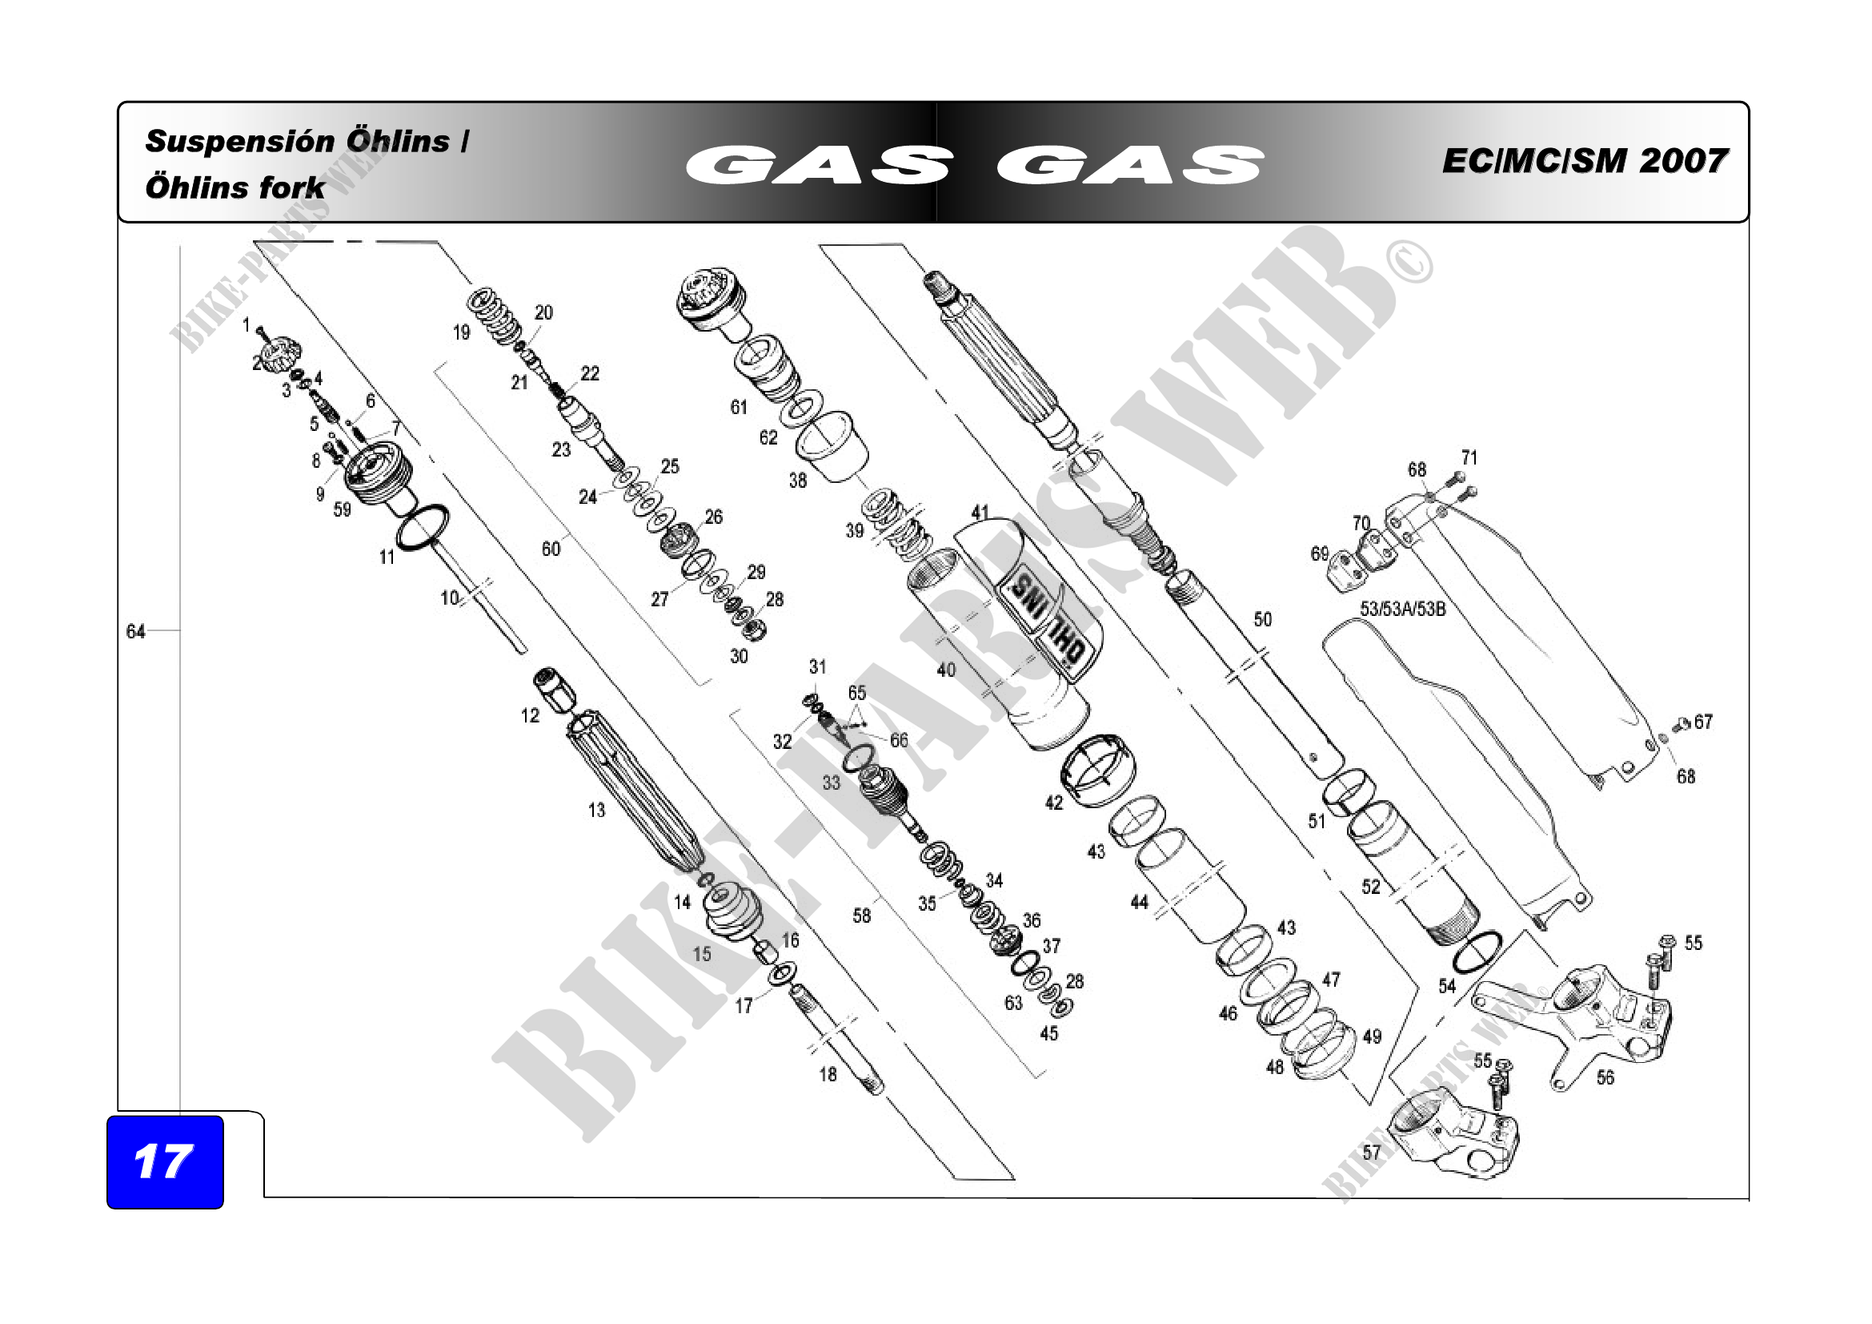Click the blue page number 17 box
point(165,1161)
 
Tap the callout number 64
point(135,631)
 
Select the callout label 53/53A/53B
point(1402,610)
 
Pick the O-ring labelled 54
point(1475,952)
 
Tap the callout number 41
point(980,513)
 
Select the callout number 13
point(597,810)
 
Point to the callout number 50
point(1262,620)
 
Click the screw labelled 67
point(1682,723)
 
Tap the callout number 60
point(551,549)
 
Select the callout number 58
point(862,916)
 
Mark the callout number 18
point(828,1074)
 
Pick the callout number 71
point(1469,457)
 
